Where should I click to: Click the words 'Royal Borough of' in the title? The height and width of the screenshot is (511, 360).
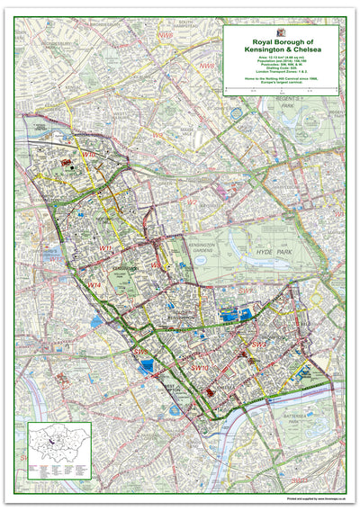click(x=281, y=42)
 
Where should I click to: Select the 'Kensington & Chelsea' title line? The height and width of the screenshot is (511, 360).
click(x=281, y=50)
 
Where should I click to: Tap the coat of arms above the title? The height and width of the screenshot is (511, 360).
click(x=281, y=32)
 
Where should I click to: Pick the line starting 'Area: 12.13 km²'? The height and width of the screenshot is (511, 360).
click(x=281, y=58)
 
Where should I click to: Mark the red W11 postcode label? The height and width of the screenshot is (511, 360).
click(x=106, y=248)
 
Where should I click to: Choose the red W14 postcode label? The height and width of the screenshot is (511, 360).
click(x=94, y=284)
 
